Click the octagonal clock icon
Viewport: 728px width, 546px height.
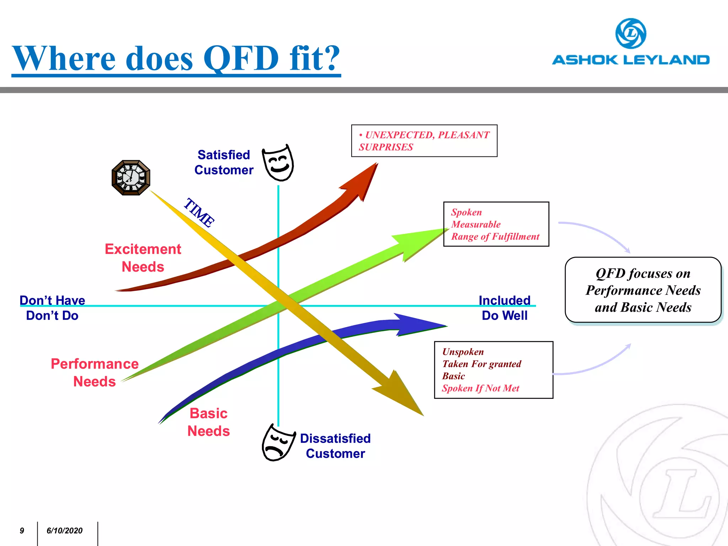coord(131,177)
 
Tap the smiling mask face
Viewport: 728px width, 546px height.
coord(278,163)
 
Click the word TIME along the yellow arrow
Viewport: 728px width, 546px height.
coord(199,212)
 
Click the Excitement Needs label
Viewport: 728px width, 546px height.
coord(143,258)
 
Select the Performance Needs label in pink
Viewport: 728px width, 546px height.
coord(95,373)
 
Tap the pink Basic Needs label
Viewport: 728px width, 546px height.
coord(209,422)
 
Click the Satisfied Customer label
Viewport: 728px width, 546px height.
coord(224,162)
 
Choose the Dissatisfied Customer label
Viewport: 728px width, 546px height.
coord(335,446)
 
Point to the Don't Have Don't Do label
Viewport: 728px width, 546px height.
coord(52,308)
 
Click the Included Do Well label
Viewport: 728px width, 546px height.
coord(504,308)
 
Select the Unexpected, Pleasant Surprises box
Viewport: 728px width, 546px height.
coord(424,141)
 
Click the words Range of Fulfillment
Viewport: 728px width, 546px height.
coord(495,236)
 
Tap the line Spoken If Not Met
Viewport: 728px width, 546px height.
coord(481,388)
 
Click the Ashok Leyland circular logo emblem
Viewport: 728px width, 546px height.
coord(631,33)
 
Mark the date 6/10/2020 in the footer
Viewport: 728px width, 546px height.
coord(64,531)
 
